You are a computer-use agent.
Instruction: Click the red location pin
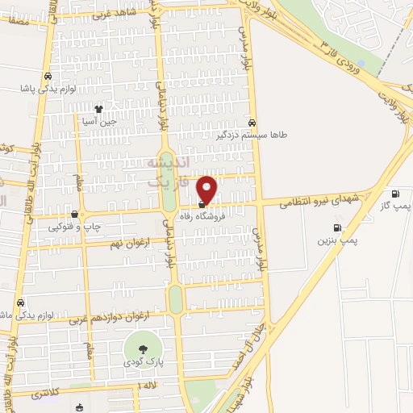[207, 189]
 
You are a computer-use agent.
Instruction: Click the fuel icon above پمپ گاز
[394, 193]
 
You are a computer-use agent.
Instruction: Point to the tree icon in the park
[142, 349]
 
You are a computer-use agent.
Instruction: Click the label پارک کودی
[142, 363]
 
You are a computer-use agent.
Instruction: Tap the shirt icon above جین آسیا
[98, 109]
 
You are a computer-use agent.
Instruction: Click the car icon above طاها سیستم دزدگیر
[253, 123]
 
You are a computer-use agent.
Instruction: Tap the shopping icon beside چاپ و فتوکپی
[75, 215]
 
